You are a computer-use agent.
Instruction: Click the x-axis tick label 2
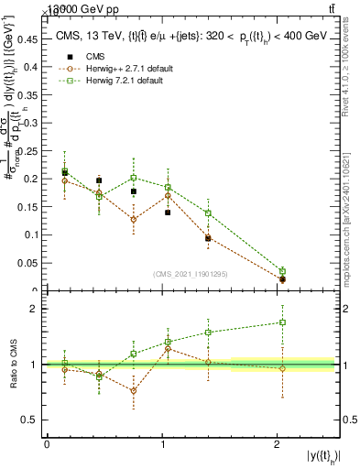point(278,444)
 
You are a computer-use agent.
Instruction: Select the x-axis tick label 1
point(162,444)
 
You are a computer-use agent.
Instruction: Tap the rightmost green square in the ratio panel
point(282,322)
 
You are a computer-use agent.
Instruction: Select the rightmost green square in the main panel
point(282,271)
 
